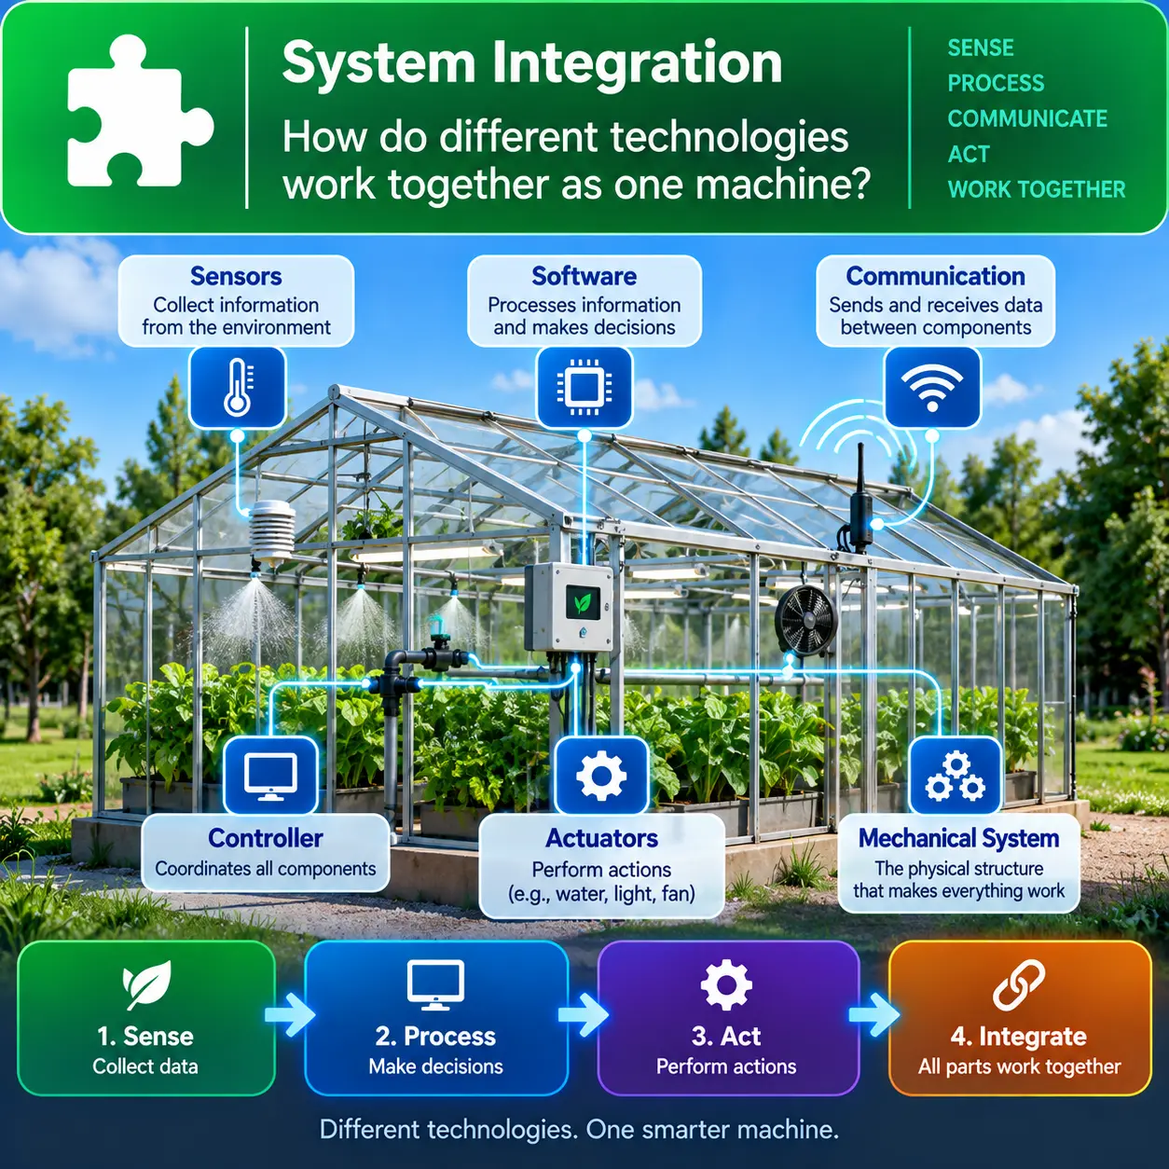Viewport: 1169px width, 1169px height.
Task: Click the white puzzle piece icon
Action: click(x=136, y=112)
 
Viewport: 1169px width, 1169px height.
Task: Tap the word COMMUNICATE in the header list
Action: click(x=1027, y=119)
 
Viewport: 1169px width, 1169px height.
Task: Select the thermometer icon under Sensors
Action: click(x=237, y=388)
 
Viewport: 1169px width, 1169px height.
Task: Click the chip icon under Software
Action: click(x=584, y=388)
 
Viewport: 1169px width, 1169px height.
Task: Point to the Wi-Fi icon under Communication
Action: click(x=932, y=388)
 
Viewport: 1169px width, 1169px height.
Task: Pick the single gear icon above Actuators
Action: click(x=601, y=776)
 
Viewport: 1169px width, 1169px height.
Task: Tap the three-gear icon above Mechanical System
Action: click(x=956, y=777)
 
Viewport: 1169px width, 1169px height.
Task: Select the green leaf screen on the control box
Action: click(x=583, y=603)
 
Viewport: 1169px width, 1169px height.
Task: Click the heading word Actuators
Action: click(x=601, y=838)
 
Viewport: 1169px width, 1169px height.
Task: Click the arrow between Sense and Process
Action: click(x=290, y=1015)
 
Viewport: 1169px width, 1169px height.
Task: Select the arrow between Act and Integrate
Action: click(x=874, y=1014)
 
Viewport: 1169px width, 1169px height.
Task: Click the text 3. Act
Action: click(x=726, y=1036)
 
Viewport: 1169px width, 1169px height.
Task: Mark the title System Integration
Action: click(x=532, y=63)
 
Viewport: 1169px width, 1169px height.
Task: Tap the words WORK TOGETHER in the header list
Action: click(x=1036, y=190)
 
